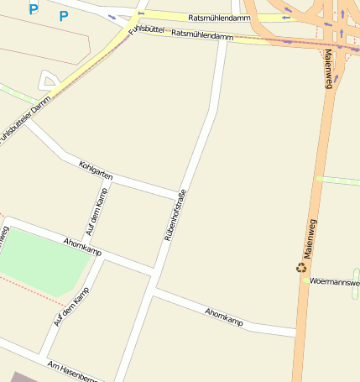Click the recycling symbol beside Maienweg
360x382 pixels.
click(301, 268)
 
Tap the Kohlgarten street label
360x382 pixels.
click(95, 170)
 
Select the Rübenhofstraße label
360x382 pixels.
click(175, 217)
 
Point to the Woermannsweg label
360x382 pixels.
click(334, 282)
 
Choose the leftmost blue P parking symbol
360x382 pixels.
click(34, 9)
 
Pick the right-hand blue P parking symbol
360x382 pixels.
click(64, 16)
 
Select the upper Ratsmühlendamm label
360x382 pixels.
click(221, 17)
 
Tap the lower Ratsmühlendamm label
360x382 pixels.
click(201, 35)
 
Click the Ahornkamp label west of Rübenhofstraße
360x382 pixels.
click(82, 247)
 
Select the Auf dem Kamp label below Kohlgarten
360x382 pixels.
click(97, 213)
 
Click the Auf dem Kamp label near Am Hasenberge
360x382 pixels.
click(70, 306)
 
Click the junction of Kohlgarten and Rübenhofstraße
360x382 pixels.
click(177, 195)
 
